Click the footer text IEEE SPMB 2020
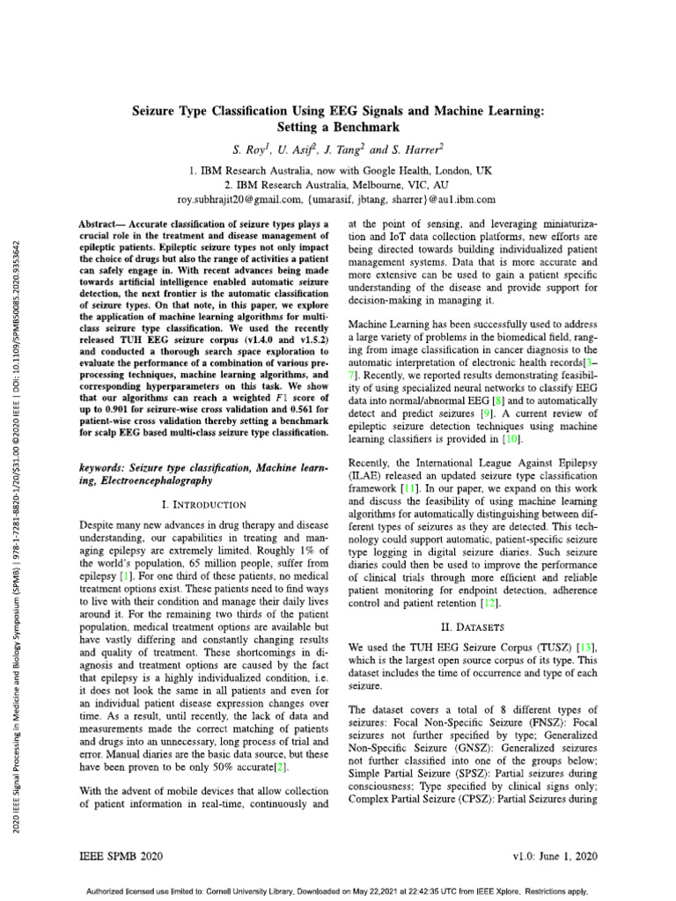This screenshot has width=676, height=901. click(x=121, y=855)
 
